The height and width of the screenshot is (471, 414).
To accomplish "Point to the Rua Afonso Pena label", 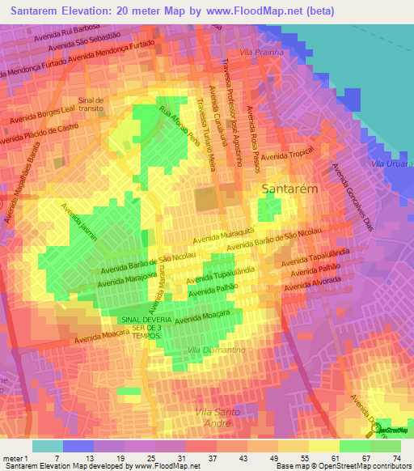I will tap(179, 124).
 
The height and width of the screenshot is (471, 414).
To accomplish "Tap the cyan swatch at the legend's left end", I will tap(47, 446).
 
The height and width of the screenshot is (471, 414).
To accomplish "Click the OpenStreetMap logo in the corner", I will tap(392, 431).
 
